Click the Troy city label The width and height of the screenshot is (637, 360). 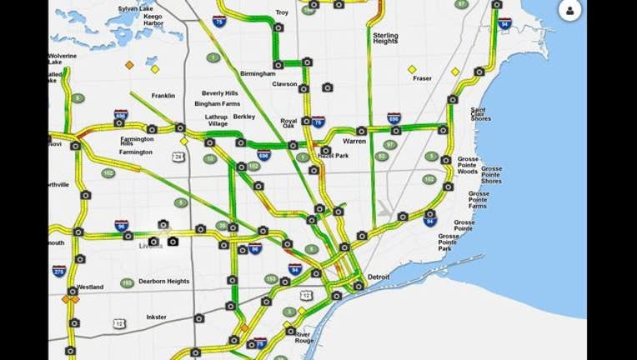pyautogui.click(x=282, y=13)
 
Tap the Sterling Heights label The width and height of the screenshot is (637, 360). pyautogui.click(x=386, y=40)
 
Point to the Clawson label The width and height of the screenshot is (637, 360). pyautogui.click(x=285, y=83)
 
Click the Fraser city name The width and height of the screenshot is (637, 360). pyautogui.click(x=423, y=78)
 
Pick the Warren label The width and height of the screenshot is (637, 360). pyautogui.click(x=354, y=141)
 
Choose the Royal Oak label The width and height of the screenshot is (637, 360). pyautogui.click(x=288, y=124)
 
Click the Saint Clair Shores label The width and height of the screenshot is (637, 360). pyautogui.click(x=480, y=114)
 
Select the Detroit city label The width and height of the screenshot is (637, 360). pyautogui.click(x=379, y=276)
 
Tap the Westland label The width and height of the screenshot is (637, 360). pyautogui.click(x=90, y=287)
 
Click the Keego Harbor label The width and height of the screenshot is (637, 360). pyautogui.click(x=153, y=20)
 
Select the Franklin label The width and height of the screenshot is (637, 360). pyautogui.click(x=163, y=96)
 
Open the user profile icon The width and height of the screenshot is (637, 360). pyautogui.click(x=570, y=11)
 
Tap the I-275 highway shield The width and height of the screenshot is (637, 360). pyautogui.click(x=58, y=271)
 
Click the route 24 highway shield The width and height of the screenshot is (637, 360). pyautogui.click(x=179, y=155)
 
